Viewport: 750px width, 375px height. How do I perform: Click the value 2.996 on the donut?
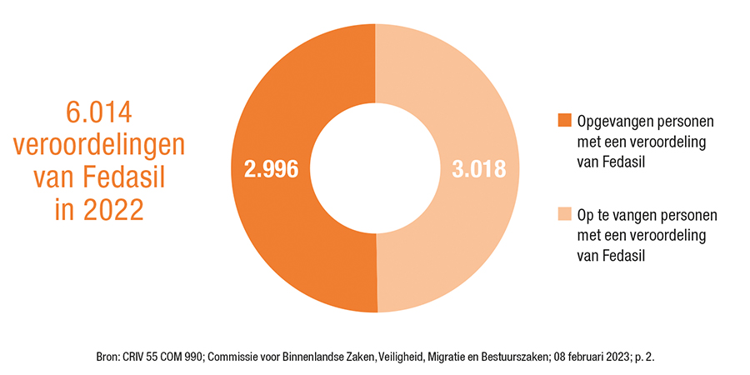click(x=271, y=168)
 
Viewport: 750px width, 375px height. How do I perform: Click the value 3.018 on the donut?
click(x=479, y=168)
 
